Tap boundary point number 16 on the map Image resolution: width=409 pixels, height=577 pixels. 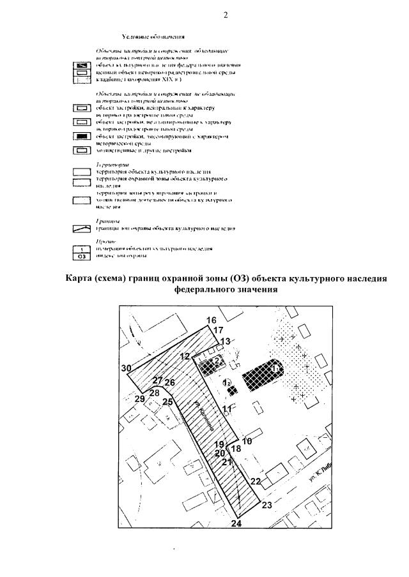pyautogui.click(x=212, y=320)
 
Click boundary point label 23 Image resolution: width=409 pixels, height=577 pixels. pyautogui.click(x=267, y=505)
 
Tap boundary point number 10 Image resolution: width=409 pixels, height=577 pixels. pyautogui.click(x=247, y=441)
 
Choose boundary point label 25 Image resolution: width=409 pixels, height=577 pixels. pyautogui.click(x=167, y=402)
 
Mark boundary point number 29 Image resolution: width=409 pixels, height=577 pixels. pyautogui.click(x=139, y=399)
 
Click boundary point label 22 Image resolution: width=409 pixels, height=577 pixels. pyautogui.click(x=256, y=481)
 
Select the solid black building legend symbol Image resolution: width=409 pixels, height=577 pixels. pyautogui.click(x=82, y=137)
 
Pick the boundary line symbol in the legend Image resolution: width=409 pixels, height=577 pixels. pyautogui.click(x=82, y=227)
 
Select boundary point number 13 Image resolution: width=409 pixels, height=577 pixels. pyautogui.click(x=224, y=342)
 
